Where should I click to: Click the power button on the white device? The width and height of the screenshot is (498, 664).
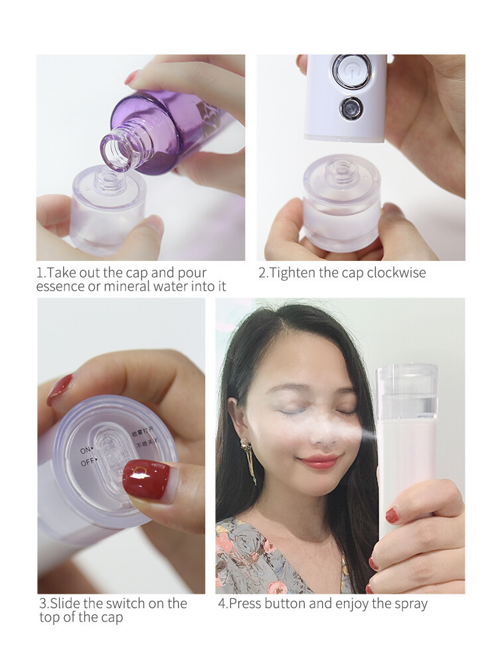(x=352, y=71)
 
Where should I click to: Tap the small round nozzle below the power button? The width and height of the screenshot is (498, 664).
(x=351, y=108)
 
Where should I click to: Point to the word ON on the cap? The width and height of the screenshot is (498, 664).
(x=86, y=450)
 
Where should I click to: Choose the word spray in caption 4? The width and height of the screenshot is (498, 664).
(x=410, y=604)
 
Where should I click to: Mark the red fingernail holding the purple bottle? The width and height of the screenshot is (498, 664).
(x=131, y=77)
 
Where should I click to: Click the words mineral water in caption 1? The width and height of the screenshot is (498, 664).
(x=142, y=287)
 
